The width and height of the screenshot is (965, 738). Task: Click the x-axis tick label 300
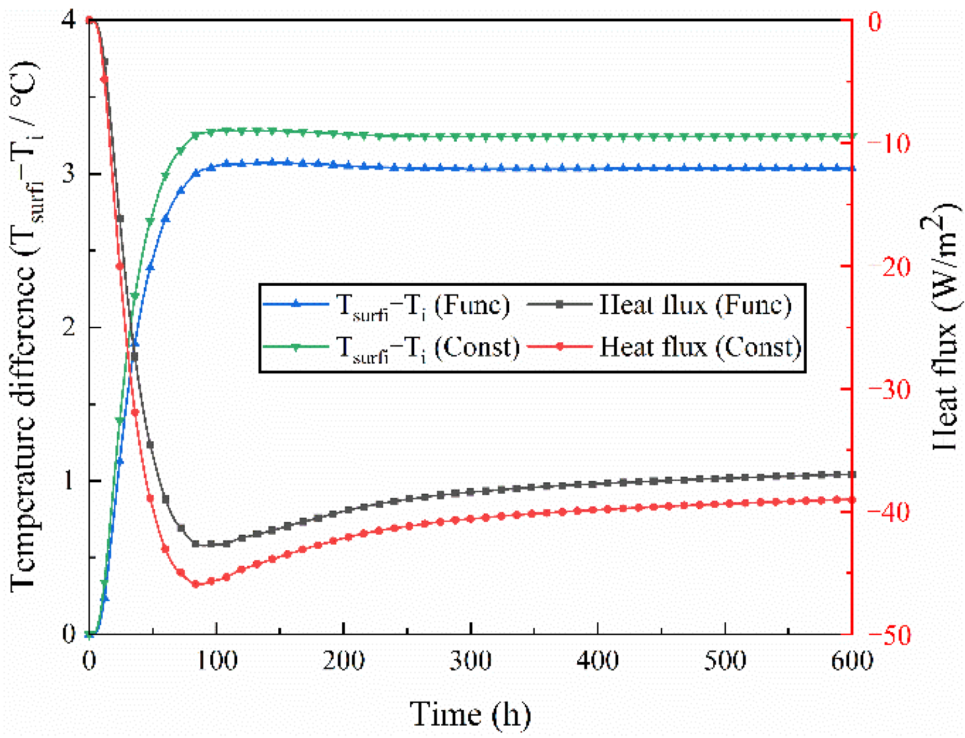(470, 661)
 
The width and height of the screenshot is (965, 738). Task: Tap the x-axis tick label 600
(851, 661)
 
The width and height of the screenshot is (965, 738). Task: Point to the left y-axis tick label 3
(69, 173)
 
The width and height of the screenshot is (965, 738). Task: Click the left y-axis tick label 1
(69, 481)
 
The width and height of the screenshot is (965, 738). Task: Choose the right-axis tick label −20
(888, 267)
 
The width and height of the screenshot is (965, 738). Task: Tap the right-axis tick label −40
(888, 512)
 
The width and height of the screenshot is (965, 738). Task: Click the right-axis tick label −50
(888, 635)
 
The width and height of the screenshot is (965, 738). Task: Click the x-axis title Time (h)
(470, 714)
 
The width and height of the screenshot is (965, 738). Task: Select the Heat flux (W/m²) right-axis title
(943, 327)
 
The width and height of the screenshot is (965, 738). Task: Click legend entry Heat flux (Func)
(695, 305)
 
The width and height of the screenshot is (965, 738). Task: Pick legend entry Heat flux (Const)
(700, 347)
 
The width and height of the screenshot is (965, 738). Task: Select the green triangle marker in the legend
(296, 347)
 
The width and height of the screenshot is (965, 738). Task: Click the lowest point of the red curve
(196, 584)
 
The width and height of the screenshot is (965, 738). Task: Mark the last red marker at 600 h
(851, 500)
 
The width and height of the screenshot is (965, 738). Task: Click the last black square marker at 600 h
(851, 475)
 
